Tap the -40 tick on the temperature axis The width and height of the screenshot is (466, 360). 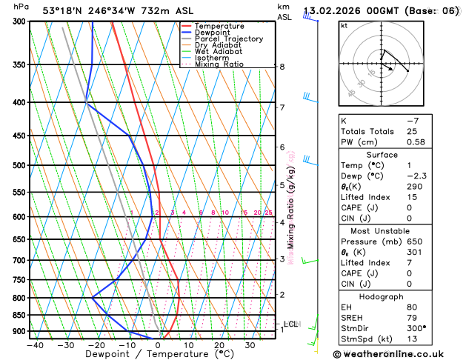click(x=34, y=344)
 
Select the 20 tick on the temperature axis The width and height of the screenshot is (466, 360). click(x=219, y=344)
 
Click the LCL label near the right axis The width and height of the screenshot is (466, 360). click(x=291, y=324)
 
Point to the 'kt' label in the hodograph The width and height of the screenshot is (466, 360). click(x=344, y=25)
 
